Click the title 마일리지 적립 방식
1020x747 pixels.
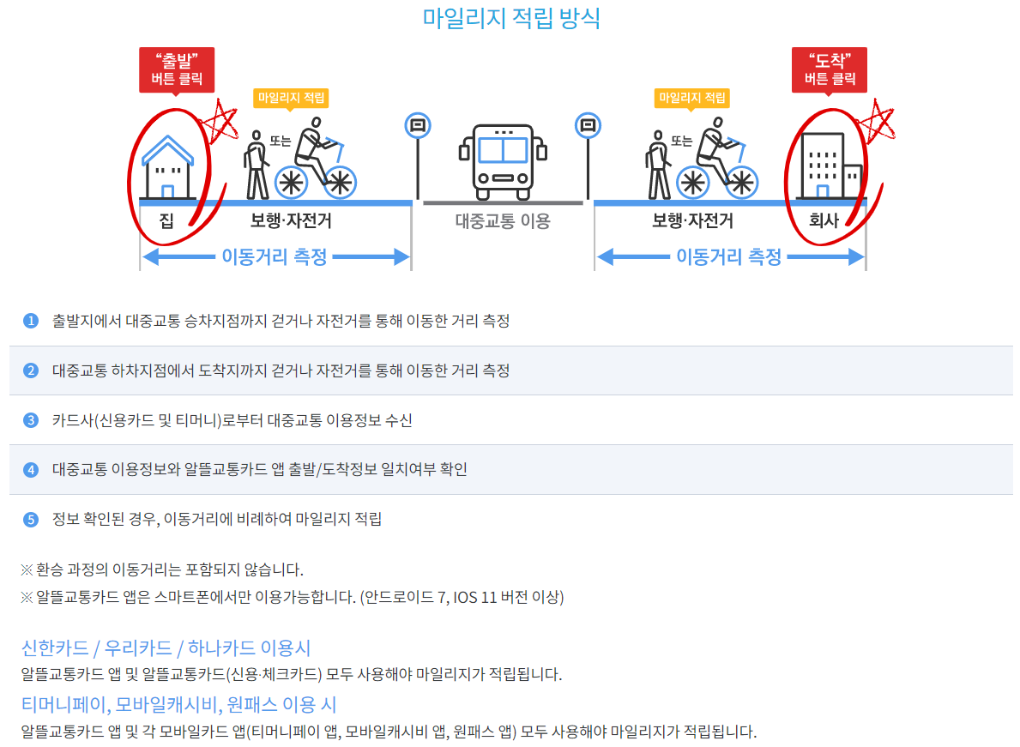pos(510,18)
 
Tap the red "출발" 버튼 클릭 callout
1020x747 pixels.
pos(176,69)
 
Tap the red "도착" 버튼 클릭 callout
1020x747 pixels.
pos(829,69)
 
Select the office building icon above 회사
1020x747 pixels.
pos(830,166)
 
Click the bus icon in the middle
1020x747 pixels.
pos(503,162)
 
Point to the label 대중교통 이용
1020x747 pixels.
pos(503,221)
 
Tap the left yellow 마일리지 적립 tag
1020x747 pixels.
pos(291,98)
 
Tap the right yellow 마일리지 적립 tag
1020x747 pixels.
pos(691,98)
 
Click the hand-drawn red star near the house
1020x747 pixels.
pos(220,121)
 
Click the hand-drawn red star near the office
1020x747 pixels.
pos(877,121)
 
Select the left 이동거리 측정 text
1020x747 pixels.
pos(275,256)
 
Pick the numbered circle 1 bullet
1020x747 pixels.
pos(31,321)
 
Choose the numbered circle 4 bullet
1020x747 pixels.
pos(31,469)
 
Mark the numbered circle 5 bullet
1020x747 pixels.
pos(31,519)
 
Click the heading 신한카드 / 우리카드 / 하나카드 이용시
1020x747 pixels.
pos(166,648)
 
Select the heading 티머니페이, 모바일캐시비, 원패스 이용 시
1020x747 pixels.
pos(179,704)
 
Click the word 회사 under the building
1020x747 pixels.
pos(824,220)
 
